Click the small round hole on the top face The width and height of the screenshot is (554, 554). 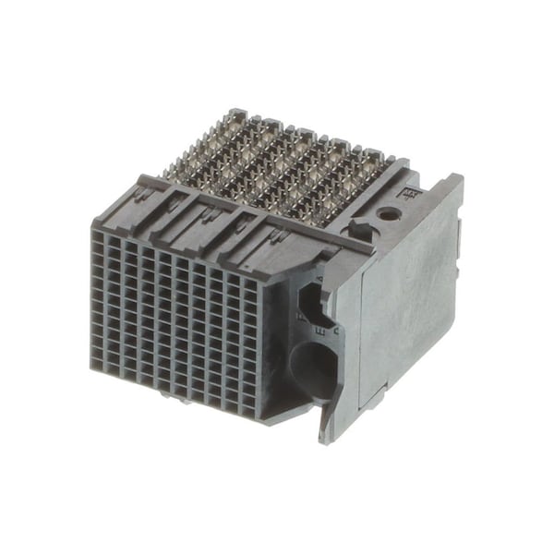click(x=389, y=214)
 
